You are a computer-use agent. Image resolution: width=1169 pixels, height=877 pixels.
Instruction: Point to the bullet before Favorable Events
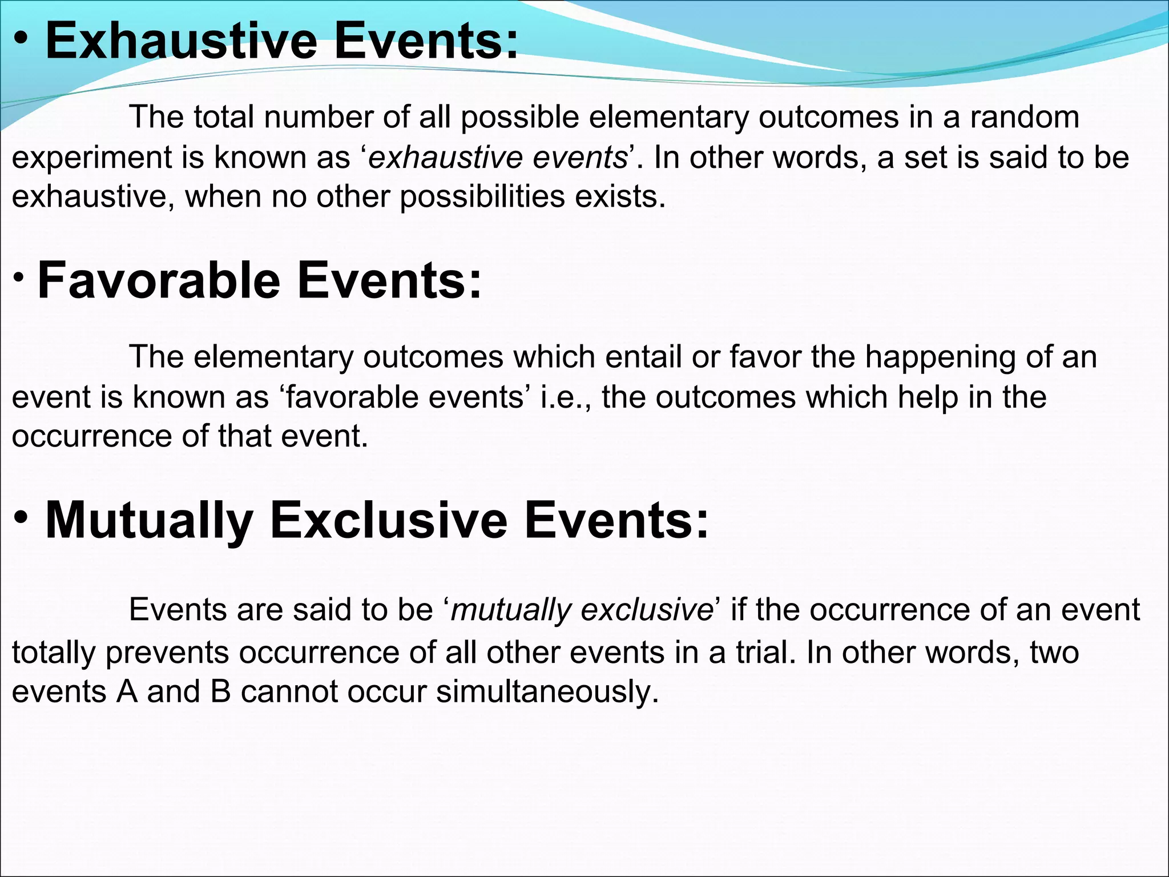tap(19, 276)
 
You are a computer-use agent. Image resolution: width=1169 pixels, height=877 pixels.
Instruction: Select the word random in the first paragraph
tap(1024, 117)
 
